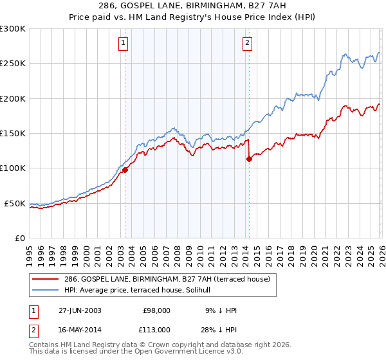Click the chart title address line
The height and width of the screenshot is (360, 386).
pos(193,6)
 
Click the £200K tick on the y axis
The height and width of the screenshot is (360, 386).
pos(12,98)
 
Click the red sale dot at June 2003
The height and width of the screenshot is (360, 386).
pos(125,170)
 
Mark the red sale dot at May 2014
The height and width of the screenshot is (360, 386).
pos(249,159)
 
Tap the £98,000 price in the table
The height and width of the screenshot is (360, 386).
pos(156,310)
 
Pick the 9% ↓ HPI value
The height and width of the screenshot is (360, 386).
pos(222,310)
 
